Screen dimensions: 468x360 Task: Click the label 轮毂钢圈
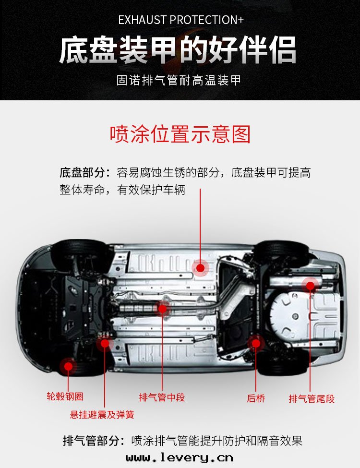65,396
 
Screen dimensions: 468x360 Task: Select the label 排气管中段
162,397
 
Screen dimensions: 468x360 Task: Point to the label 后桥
256,398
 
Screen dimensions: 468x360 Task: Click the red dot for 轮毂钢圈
68,367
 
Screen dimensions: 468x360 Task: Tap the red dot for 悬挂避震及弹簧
105,343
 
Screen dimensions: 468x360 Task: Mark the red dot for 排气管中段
163,309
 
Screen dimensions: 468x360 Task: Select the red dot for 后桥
256,343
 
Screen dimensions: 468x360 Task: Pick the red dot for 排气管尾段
311,286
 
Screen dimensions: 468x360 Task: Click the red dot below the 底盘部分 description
200,268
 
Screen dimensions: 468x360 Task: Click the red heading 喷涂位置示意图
180,134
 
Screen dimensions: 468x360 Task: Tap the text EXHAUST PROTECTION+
180,20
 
